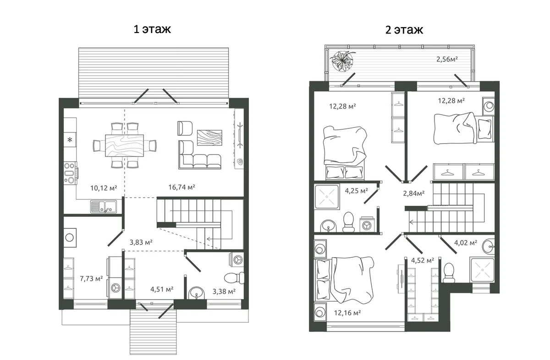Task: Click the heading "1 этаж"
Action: tap(152, 29)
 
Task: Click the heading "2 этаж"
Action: tap(404, 30)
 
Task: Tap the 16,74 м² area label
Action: tap(181, 187)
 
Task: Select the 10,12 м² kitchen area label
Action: tap(104, 188)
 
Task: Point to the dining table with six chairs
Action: tap(125, 145)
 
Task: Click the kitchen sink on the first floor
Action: tap(104, 206)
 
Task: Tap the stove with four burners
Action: tap(70, 173)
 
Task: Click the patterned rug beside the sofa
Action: tap(209, 138)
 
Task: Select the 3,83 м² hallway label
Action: tap(141, 242)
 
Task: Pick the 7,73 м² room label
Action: tap(91, 279)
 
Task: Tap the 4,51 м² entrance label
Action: tap(162, 289)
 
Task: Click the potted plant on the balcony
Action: tap(342, 61)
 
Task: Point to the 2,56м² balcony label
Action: tap(447, 59)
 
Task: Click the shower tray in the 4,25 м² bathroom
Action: tap(327, 197)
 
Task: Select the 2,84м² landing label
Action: tap(414, 194)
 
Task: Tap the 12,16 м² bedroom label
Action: tap(347, 313)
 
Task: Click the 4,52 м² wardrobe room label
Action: tap(423, 260)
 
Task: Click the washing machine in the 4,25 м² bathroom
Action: tap(367, 224)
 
